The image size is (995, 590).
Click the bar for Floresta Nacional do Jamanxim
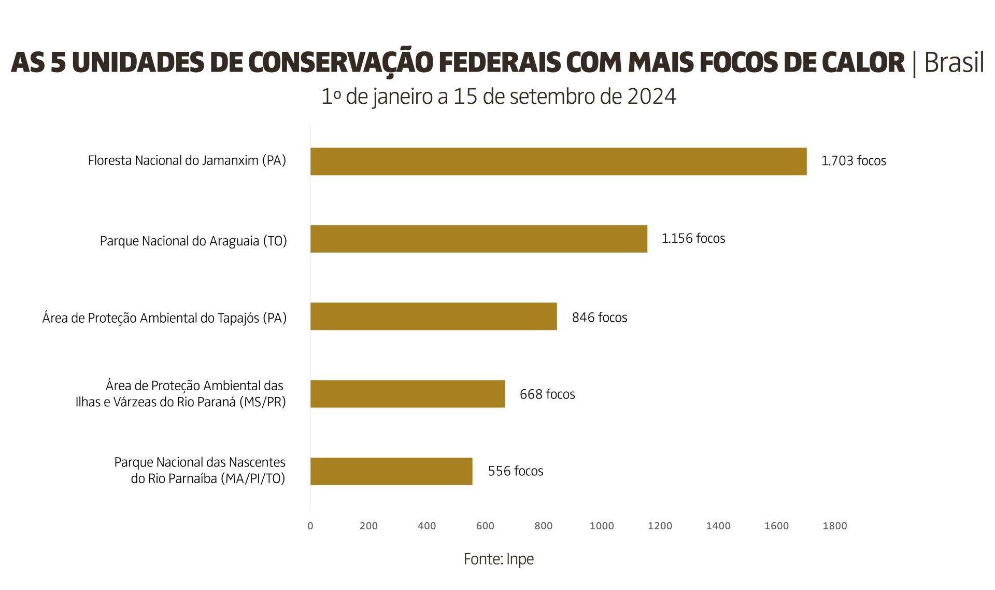pos(558,161)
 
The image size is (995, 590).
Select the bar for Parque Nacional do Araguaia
pos(478,239)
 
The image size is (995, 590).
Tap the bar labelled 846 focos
pos(433,317)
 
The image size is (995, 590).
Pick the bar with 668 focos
pos(407,394)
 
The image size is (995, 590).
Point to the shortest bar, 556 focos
pos(391,471)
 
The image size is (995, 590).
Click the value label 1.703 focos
pos(854,161)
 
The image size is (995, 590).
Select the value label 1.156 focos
pos(693,239)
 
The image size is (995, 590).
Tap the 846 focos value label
pos(600,318)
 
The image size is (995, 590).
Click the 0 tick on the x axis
pos(310,526)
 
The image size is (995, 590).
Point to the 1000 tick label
pos(602,526)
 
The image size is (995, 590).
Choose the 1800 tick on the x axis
pos(834,526)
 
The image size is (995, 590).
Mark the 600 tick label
pos(485,526)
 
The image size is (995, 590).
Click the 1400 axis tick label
pos(718,526)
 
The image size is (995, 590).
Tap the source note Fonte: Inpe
pos(499,559)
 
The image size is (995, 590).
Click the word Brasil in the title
pos(954,63)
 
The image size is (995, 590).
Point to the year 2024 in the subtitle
pos(651,97)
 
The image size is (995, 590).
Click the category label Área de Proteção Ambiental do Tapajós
pos(164,318)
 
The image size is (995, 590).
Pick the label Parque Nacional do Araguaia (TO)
pos(193,241)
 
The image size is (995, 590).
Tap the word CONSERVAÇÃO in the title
pos(340,63)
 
